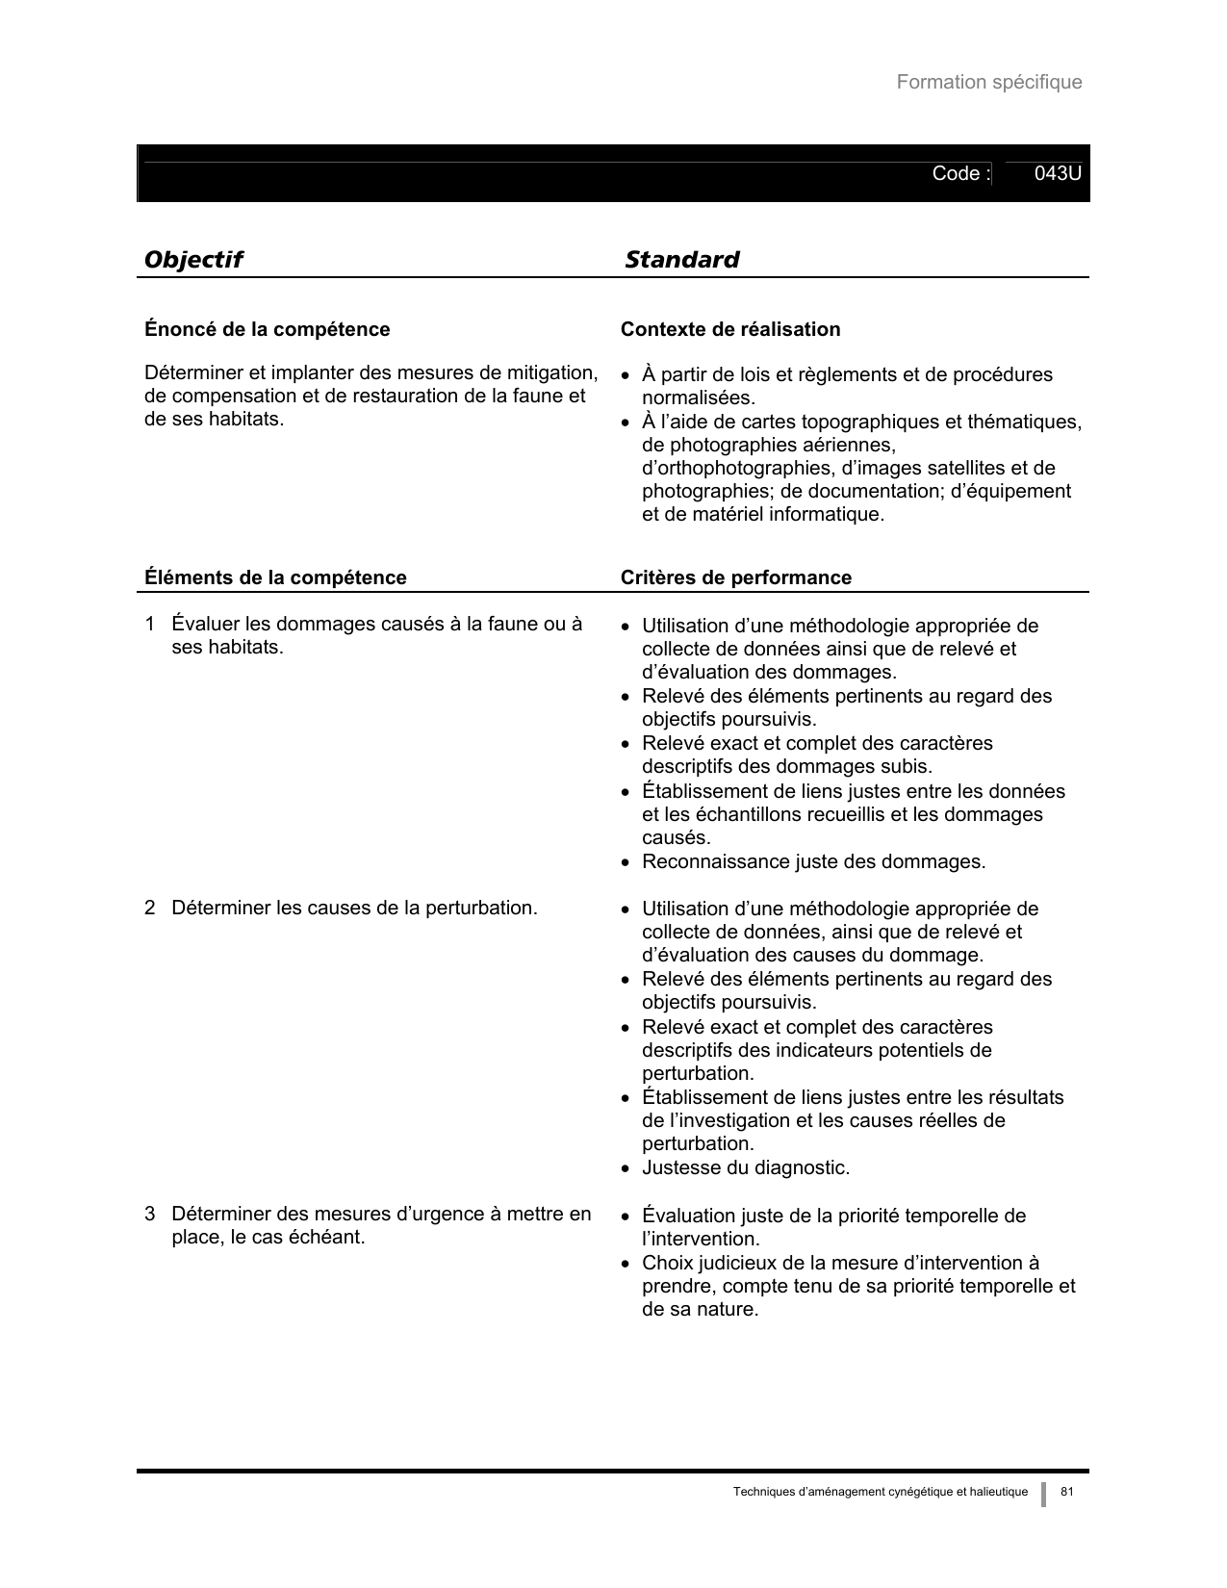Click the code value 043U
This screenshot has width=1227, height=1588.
(x=1058, y=174)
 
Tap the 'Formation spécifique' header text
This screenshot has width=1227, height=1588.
(x=988, y=83)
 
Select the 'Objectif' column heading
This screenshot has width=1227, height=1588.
(x=192, y=260)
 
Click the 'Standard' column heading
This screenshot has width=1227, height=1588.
(x=681, y=260)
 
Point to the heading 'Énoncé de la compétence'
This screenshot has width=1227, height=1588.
(x=267, y=330)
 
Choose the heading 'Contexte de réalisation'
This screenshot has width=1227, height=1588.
(x=729, y=330)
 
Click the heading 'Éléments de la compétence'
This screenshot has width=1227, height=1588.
(x=275, y=577)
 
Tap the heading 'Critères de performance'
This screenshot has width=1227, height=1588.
(x=735, y=577)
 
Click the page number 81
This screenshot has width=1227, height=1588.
(x=1066, y=1492)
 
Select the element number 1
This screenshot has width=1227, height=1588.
(x=149, y=625)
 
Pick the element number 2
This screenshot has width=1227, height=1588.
(x=149, y=908)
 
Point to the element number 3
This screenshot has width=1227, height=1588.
(x=149, y=1215)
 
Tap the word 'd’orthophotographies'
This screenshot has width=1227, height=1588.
(x=737, y=469)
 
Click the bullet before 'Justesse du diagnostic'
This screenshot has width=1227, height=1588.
(x=626, y=1169)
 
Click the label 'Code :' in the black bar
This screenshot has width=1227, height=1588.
(x=960, y=174)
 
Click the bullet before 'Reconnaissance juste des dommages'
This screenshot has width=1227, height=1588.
(x=626, y=863)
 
